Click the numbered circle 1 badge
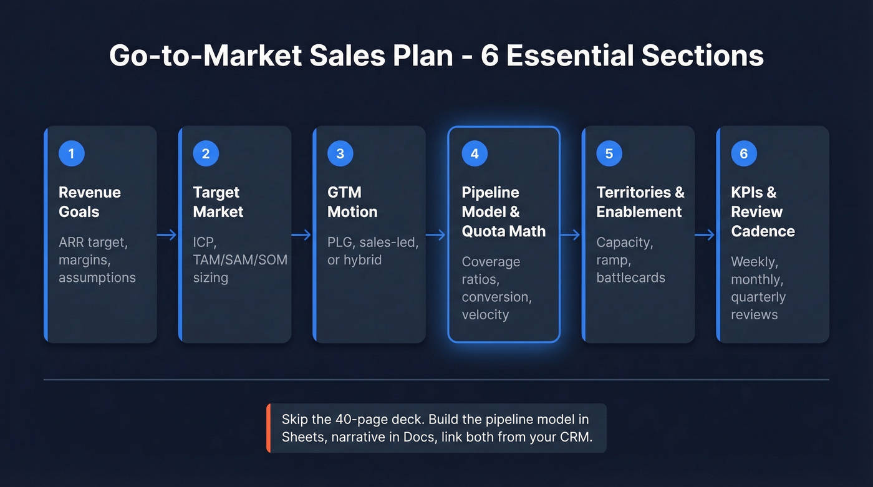[71, 153]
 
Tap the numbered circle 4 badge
[475, 153]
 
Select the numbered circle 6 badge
[743, 153]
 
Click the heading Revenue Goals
[90, 201]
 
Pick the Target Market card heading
[218, 201]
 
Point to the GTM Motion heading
[352, 201]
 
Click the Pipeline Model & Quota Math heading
[503, 211]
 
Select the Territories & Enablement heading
[640, 201]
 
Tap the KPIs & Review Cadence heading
[763, 211]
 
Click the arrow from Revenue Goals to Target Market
[167, 235]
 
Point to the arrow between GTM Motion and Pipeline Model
[436, 235]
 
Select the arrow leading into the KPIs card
[705, 235]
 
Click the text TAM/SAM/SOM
[239, 259]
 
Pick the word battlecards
[630, 277]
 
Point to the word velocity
[485, 314]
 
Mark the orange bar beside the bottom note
[268, 428]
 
